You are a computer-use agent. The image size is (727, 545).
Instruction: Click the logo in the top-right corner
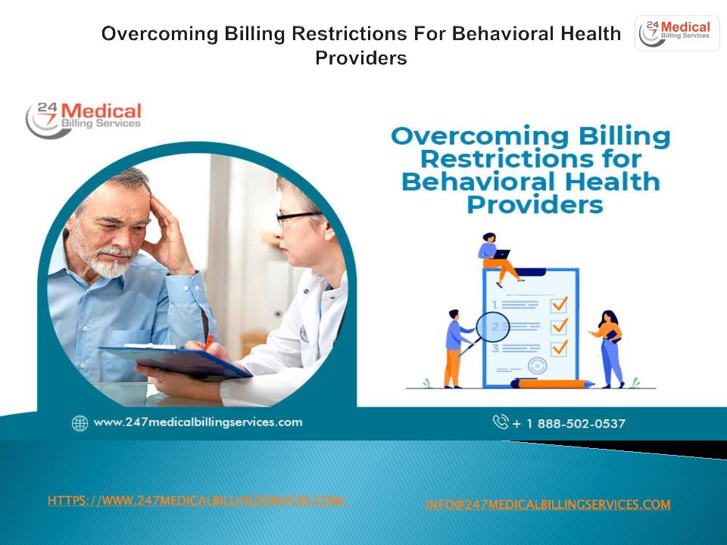(676, 33)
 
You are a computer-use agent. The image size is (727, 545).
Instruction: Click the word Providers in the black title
(361, 58)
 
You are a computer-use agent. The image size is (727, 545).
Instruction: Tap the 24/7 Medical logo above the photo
(83, 119)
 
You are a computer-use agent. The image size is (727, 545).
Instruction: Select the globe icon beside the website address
(80, 423)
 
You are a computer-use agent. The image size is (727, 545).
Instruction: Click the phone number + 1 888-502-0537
(569, 424)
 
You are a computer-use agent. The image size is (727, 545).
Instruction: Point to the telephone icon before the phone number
(501, 422)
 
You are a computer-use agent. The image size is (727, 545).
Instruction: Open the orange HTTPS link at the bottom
(198, 500)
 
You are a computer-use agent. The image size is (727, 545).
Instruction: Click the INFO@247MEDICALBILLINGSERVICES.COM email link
(548, 504)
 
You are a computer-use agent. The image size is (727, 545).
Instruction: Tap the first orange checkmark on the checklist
(560, 304)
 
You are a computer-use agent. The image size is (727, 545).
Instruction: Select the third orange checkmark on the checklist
(560, 347)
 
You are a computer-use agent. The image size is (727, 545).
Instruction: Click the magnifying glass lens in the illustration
(493, 327)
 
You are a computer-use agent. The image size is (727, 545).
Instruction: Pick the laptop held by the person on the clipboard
(501, 254)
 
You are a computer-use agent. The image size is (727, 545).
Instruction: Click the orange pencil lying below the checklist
(552, 384)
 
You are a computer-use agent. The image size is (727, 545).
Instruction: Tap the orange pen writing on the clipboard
(209, 342)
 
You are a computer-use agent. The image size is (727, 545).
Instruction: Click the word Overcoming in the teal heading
(480, 136)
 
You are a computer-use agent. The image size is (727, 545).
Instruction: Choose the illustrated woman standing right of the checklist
(609, 348)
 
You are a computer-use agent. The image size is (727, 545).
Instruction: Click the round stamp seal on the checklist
(538, 366)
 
